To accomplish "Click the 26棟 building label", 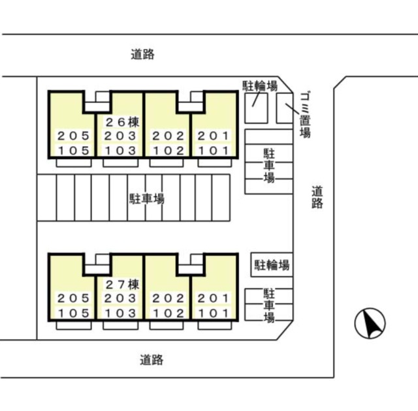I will coord(123,121).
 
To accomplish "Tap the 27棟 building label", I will coord(123,284).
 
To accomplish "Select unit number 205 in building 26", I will coord(72,136).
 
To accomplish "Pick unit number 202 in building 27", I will coord(167,298).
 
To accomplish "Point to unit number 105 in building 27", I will coord(72,313).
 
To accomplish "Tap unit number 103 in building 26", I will coord(120,151).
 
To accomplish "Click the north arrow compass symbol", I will coord(370,323).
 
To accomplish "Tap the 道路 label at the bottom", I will coord(151,359).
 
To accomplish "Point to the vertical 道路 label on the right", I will coord(317,197).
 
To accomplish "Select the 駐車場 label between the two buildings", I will coord(146,198).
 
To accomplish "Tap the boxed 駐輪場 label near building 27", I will coord(272,265).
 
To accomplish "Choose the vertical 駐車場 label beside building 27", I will coord(268,305).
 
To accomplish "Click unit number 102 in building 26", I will coord(167,151).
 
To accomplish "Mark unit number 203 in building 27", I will coord(120,298).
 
